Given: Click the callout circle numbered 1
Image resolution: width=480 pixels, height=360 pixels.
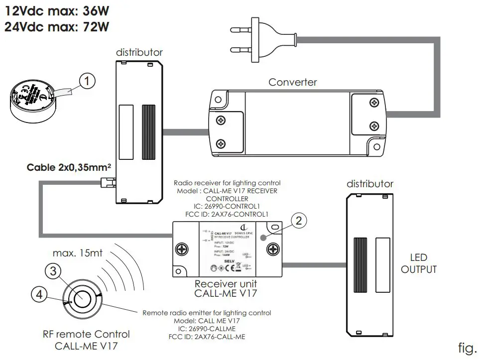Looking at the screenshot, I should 87,81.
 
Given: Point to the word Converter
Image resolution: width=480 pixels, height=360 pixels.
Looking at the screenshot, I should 293,82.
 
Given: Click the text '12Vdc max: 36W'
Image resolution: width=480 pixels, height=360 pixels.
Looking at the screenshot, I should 57,10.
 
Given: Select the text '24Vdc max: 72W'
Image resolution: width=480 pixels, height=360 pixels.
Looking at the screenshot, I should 57,26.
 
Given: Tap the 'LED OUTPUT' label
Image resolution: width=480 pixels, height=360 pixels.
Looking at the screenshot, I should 419,263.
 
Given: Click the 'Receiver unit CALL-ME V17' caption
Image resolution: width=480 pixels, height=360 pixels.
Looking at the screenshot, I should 226,288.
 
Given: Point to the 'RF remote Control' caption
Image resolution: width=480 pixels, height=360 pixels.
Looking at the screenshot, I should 86,334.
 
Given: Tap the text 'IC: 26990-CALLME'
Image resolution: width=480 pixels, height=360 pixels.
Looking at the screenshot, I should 206,329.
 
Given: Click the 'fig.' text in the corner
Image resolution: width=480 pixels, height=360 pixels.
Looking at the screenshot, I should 467,347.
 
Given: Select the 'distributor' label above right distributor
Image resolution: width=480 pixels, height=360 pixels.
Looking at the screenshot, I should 370,184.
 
